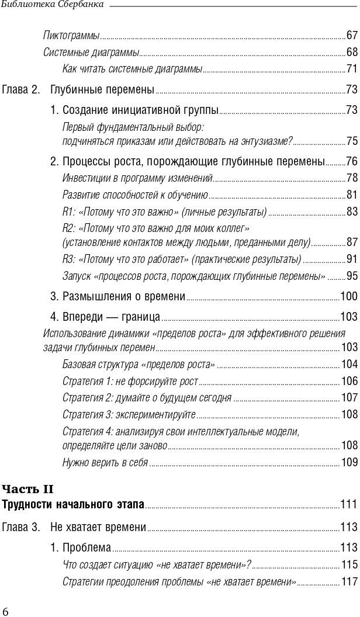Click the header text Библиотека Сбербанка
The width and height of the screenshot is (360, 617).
point(53,5)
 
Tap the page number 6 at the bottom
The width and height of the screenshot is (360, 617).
point(6,611)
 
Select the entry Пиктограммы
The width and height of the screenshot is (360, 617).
point(71,35)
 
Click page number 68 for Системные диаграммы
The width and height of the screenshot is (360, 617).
point(352,52)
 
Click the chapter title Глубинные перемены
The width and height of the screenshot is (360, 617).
point(102,90)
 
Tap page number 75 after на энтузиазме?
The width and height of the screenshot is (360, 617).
point(352,141)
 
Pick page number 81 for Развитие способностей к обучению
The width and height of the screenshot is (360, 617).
point(352,195)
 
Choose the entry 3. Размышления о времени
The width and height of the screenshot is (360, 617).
point(117,297)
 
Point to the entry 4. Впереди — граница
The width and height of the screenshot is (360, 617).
point(105,317)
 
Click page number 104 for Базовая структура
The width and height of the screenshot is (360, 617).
point(349,365)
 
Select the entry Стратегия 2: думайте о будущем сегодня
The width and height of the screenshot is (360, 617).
point(147,398)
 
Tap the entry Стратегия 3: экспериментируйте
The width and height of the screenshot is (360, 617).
point(129,414)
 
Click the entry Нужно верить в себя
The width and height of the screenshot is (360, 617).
point(105,462)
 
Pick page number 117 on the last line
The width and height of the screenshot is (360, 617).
point(349,582)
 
